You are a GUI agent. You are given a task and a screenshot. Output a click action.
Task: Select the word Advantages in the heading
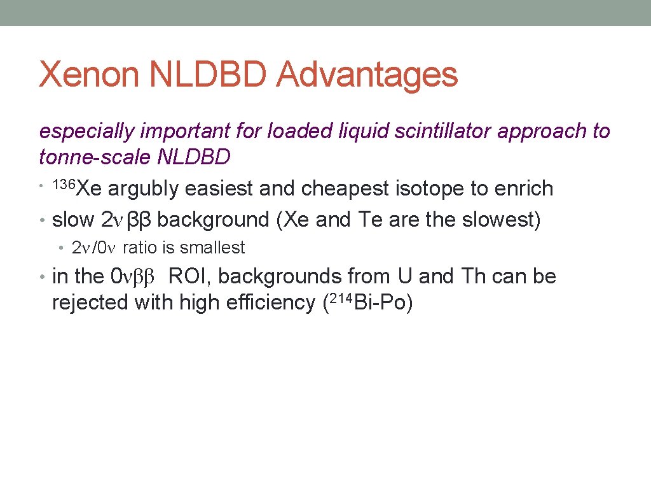pos(367,75)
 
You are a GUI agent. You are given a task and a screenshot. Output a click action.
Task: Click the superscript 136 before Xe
pos(65,185)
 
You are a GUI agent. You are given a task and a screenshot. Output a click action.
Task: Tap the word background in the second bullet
pos(214,220)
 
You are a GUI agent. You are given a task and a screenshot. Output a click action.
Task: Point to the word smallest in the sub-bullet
pos(212,248)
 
